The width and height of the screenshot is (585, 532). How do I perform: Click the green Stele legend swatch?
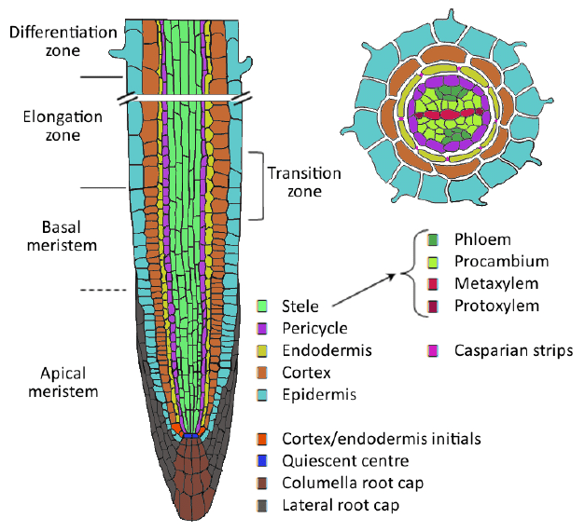click(263, 306)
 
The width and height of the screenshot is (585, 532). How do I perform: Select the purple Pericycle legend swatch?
click(263, 328)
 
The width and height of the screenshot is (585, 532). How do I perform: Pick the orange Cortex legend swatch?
click(263, 373)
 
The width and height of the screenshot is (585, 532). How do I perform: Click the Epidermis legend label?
click(316, 395)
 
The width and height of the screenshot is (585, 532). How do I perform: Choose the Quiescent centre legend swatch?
click(263, 461)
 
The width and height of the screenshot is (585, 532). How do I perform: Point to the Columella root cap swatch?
click(263, 484)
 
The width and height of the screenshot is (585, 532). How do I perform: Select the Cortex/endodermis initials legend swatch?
click(263, 439)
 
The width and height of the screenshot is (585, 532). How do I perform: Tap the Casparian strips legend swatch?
click(434, 350)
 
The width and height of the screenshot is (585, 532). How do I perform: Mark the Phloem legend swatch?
click(434, 239)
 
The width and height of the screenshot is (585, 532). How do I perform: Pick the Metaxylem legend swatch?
click(434, 284)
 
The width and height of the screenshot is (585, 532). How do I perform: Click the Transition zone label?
click(304, 183)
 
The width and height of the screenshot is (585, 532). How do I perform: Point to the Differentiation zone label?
click(63, 42)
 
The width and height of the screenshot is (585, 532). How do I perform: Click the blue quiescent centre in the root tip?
click(191, 435)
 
